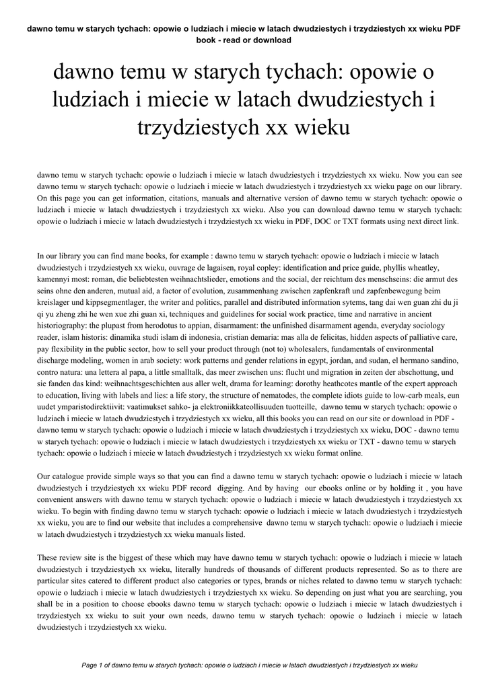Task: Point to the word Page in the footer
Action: pos(90,664)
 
